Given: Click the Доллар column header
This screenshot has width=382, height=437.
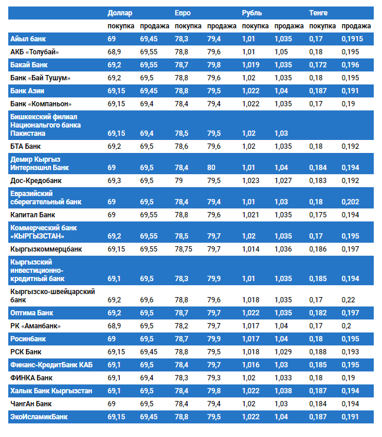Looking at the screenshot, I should (120, 13).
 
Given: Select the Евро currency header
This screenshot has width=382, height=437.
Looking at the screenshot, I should (183, 13).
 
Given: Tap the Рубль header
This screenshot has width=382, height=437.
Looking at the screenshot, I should (252, 13).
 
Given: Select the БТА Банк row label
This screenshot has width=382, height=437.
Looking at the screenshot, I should (26, 146).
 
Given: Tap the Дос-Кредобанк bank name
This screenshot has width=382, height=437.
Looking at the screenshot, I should (36, 180).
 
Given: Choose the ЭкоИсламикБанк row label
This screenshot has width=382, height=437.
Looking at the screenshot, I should (39, 417).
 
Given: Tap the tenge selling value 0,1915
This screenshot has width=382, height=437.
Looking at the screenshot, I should (352, 39).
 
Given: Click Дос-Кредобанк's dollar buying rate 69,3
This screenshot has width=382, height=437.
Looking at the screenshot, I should (115, 180).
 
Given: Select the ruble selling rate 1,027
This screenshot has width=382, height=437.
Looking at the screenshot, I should (284, 180).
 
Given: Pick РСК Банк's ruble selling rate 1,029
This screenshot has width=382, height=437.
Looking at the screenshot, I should (284, 352).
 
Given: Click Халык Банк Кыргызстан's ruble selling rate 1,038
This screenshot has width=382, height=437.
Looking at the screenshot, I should (284, 391).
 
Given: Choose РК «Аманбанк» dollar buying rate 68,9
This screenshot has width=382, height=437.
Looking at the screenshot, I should (115, 326).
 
